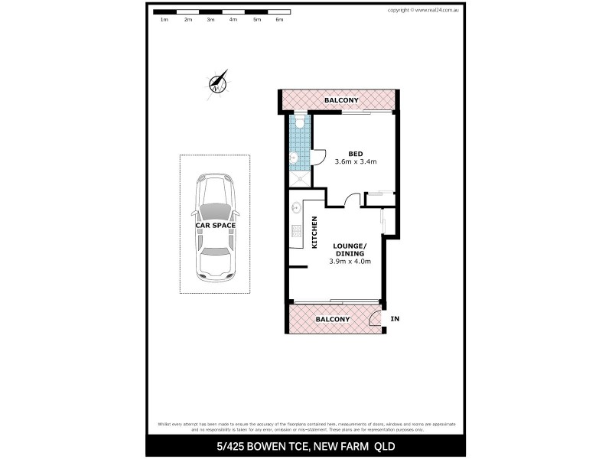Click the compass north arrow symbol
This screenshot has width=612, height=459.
[x=218, y=83]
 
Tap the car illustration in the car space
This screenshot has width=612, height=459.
[x=215, y=226]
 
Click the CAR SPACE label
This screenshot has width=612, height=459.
[x=215, y=225]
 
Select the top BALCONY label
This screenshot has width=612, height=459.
[x=341, y=100]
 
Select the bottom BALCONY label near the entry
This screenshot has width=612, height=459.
[x=332, y=319]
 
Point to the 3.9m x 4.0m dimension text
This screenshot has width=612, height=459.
[x=350, y=262]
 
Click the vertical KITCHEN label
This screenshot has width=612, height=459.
[x=314, y=233]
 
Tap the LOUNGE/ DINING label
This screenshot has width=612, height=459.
[x=350, y=249]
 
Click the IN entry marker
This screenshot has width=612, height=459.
[x=395, y=318]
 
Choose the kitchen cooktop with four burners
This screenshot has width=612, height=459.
[x=296, y=231]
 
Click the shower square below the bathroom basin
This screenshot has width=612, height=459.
[x=300, y=179]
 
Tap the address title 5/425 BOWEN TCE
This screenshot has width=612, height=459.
[x=306, y=446]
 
